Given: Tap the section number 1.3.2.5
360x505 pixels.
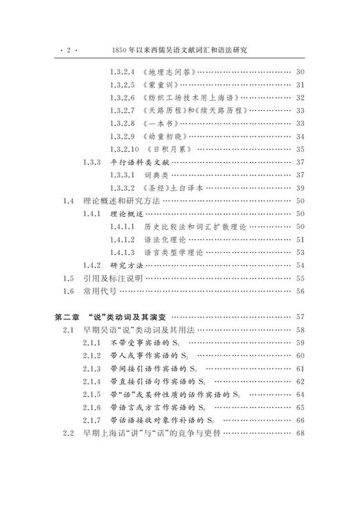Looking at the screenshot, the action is (x=123, y=85).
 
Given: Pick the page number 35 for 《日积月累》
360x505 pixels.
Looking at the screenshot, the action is (x=300, y=149).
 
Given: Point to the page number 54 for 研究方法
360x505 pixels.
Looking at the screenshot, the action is (x=300, y=265).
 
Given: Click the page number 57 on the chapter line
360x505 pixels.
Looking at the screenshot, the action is (x=300, y=317).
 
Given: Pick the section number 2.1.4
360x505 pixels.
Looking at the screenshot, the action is (x=91, y=381).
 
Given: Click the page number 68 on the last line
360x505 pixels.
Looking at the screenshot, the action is (x=300, y=433).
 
